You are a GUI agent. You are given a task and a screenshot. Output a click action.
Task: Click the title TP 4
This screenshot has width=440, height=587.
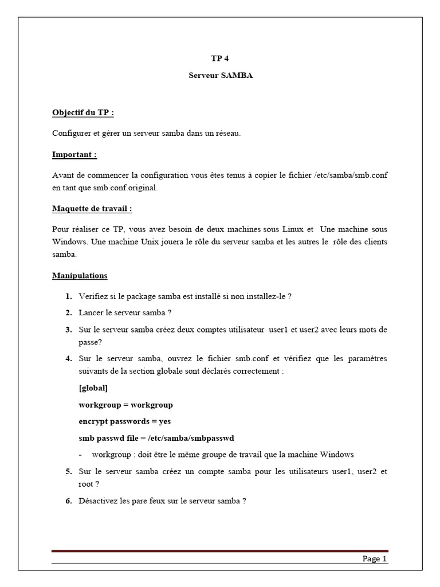tap(220, 58)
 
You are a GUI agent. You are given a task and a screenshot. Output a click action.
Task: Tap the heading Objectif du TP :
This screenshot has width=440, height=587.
tap(83, 112)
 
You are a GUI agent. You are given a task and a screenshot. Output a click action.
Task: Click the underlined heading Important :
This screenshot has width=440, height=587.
tap(74, 155)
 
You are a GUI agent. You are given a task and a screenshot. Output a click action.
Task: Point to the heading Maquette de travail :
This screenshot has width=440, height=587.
tap(92, 209)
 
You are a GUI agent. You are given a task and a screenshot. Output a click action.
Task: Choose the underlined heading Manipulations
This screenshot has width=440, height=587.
tap(80, 276)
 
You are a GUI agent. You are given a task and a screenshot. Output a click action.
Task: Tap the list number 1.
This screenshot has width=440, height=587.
tap(68, 296)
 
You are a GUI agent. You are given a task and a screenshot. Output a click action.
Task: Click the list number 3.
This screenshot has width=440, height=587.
tap(68, 330)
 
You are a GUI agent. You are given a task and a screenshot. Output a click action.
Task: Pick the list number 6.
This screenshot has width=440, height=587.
tap(68, 500)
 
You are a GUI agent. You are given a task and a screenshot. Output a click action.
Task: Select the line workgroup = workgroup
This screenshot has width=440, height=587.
tap(125, 405)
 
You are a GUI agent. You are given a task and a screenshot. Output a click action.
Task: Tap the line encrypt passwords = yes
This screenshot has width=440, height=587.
tap(125, 421)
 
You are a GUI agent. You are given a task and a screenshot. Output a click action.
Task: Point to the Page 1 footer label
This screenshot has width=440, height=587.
tap(375, 559)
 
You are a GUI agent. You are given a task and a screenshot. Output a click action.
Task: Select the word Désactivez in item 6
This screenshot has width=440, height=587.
tap(98, 500)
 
